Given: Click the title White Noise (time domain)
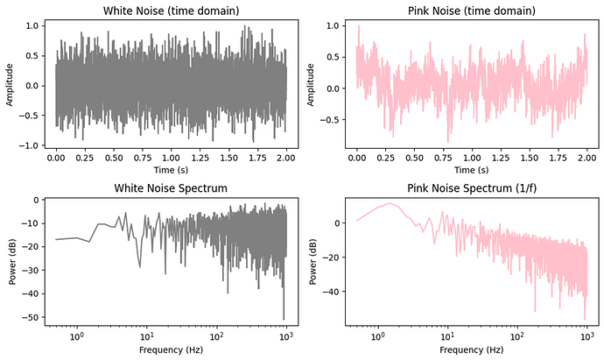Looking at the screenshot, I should pos(171,11).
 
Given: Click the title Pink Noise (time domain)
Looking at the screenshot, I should pos(471,11).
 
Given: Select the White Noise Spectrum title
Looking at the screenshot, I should pos(171,188).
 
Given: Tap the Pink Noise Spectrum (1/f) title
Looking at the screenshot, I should pos(471,188).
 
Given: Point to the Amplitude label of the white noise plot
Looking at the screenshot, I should pos(10,85).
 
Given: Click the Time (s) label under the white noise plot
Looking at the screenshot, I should pos(171,169).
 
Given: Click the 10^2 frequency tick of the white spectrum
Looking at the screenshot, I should pos(217,335).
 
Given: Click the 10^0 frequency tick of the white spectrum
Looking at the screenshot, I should pos(77,335).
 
